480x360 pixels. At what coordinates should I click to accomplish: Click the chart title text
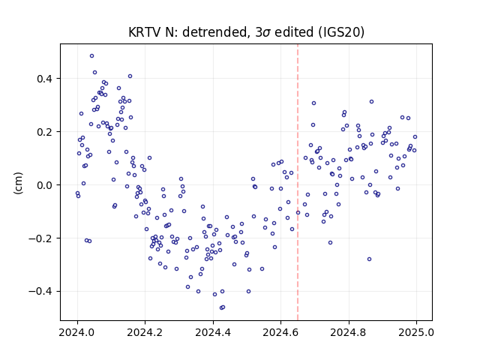point(246,32)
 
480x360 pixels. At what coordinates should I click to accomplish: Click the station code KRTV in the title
point(145,32)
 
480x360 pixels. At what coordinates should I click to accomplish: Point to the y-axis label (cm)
point(18,183)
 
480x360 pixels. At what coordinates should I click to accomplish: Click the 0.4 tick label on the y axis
point(45,79)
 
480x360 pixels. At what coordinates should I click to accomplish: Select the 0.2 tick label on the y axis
point(45,132)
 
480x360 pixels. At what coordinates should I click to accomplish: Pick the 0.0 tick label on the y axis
point(45,185)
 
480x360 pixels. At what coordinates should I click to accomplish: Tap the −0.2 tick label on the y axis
point(40,238)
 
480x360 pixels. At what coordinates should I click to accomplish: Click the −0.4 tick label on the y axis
point(40,292)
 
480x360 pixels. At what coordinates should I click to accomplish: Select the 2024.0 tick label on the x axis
point(77,332)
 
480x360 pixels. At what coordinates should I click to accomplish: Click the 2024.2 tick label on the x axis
point(145,332)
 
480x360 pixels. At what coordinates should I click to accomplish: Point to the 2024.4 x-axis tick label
point(213,332)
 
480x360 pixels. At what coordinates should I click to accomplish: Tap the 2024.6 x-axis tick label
point(280,332)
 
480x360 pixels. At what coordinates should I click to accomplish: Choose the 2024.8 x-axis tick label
point(348,332)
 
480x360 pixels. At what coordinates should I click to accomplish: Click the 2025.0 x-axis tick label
point(416,332)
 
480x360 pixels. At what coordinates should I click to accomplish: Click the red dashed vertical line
point(298,182)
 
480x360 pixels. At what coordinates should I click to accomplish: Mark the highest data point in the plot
point(91,56)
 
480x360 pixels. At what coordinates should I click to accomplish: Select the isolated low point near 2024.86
point(369,259)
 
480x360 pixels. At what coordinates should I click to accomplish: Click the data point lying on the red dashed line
point(298,212)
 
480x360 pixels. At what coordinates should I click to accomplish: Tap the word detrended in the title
point(214,32)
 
